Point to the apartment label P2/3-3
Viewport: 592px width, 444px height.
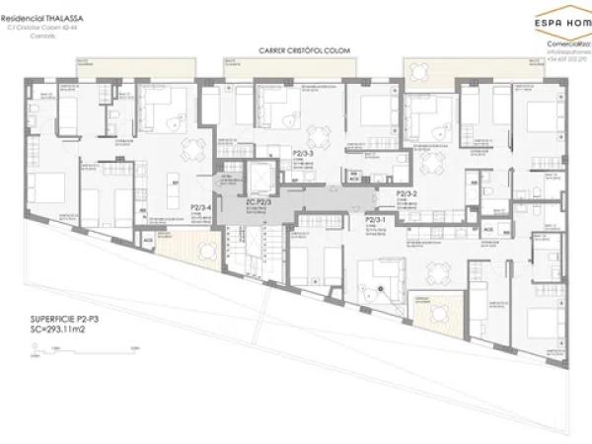pyautogui.click(x=304, y=154)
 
